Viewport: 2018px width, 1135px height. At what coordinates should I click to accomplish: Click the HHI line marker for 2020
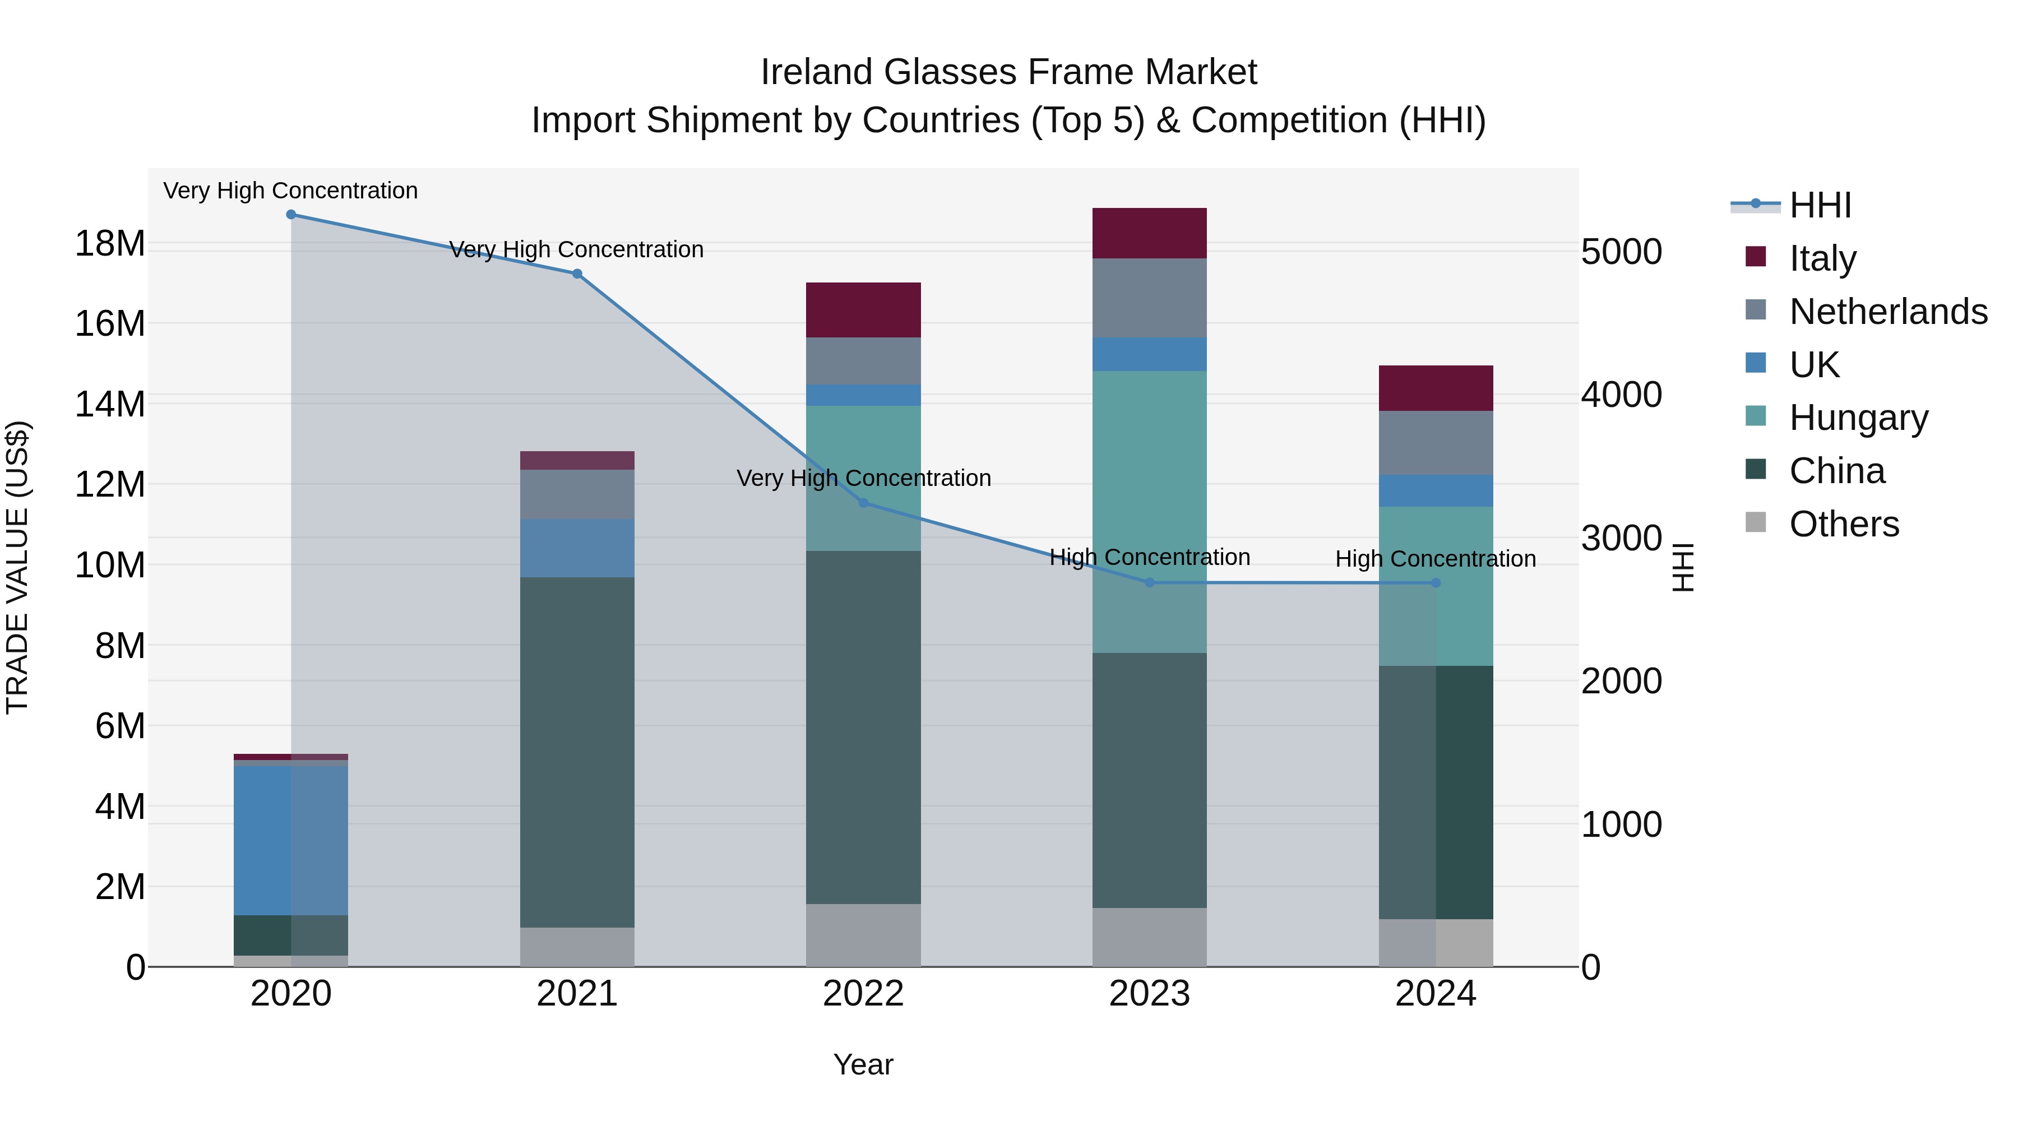coord(290,215)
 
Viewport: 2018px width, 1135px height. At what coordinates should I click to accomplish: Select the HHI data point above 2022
coord(863,503)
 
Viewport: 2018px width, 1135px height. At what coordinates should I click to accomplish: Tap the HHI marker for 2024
coord(1435,583)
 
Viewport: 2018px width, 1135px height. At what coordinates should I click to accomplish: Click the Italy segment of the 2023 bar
coord(1149,233)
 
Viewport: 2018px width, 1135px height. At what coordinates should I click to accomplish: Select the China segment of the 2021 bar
coord(577,752)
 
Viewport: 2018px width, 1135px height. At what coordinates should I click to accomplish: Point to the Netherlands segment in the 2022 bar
coord(863,361)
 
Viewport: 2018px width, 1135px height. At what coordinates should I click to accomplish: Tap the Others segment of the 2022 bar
coord(863,935)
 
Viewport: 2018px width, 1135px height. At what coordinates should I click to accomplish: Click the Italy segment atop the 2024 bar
coord(1435,388)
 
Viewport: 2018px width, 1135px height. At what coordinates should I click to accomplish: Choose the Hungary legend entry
coord(1858,418)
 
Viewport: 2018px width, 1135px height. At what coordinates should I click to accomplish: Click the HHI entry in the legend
coord(1820,205)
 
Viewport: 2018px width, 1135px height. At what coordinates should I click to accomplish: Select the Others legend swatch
coord(1756,522)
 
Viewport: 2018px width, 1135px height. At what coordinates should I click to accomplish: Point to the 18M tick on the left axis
coord(110,244)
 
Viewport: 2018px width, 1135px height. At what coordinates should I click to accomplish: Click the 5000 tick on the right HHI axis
coord(1621,252)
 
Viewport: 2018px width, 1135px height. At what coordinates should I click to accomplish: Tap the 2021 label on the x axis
coord(577,994)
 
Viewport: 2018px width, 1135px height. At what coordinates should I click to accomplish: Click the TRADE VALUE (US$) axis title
coord(18,567)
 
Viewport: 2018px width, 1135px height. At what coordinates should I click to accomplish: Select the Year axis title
coord(863,1064)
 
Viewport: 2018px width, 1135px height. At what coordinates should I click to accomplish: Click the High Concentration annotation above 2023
coord(1149,558)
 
